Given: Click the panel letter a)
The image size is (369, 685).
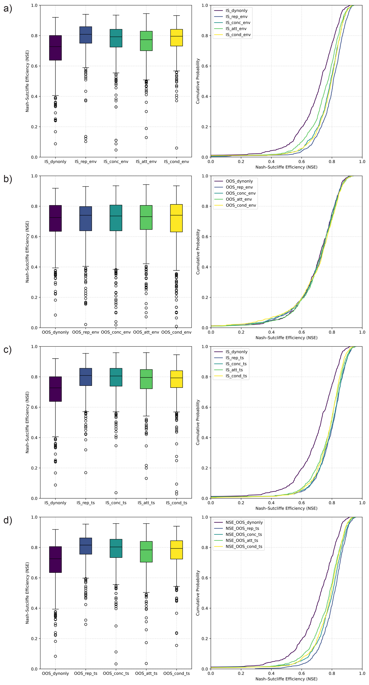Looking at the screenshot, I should (7, 9).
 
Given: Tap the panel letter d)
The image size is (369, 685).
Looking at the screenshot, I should (7, 520).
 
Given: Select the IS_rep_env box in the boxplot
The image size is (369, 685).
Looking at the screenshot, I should (86, 35).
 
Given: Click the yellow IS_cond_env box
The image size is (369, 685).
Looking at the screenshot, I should (176, 37).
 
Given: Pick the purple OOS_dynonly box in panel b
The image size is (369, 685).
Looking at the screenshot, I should (55, 218).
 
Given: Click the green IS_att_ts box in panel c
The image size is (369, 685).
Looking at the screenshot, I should (146, 379).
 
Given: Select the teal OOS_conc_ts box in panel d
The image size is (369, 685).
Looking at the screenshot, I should (116, 548).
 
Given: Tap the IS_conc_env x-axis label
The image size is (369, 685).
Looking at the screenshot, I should (116, 162).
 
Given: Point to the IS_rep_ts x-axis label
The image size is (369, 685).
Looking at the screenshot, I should (86, 503).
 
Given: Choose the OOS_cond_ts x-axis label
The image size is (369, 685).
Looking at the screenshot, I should (176, 673).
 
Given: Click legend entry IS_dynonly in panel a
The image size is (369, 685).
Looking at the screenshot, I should (236, 11).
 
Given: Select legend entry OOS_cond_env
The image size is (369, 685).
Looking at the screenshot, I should (241, 205).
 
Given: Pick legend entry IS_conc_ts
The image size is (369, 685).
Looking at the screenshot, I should (236, 364).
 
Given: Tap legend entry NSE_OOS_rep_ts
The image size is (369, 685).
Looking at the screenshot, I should (242, 528).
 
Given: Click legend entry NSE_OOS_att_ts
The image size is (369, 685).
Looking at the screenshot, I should (242, 540).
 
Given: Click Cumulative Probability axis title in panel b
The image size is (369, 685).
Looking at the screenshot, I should (198, 252).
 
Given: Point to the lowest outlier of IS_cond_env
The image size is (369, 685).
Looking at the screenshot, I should (176, 148).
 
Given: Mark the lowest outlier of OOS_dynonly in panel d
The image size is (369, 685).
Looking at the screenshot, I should (55, 656).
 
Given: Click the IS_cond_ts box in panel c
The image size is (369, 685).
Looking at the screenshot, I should (176, 379).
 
